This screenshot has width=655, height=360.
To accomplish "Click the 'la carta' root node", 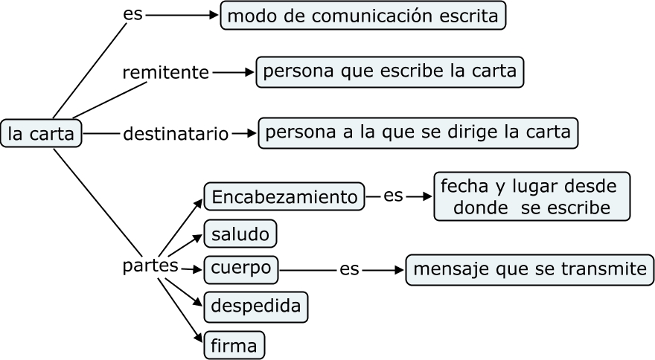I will tap(41, 134).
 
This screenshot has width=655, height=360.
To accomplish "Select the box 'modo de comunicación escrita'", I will tap(362, 16).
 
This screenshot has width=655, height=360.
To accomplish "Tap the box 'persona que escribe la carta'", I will tap(390, 72).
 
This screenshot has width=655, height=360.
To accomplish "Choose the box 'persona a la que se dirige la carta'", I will tap(418, 132).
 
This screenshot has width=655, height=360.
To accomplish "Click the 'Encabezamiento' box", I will tap(284, 197).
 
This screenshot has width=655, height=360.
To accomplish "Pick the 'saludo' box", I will tap(240, 234).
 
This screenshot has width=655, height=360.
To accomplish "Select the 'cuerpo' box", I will tap(240, 269).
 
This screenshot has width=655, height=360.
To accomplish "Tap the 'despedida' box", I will tap(255, 306).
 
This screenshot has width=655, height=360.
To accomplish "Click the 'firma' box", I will tap(234, 345).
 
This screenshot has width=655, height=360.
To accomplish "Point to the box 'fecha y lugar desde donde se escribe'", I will tap(531, 196).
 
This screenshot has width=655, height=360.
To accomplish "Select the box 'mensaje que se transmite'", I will tap(529, 269).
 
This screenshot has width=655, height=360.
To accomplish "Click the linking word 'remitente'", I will tap(165, 73).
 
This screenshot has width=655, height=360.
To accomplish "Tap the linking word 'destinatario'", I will tap(175, 134).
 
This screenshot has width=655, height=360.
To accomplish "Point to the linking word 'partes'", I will tap(150, 265).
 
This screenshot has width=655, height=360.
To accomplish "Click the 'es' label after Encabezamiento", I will tap(393, 196).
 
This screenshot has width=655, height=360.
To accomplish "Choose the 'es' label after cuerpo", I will tap(349, 269).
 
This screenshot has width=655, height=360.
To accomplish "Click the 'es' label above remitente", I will tap(132, 15).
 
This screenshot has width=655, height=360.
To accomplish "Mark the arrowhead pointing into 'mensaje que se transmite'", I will tap(400, 270).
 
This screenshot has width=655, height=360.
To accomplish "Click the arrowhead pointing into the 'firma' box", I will tap(199, 338).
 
